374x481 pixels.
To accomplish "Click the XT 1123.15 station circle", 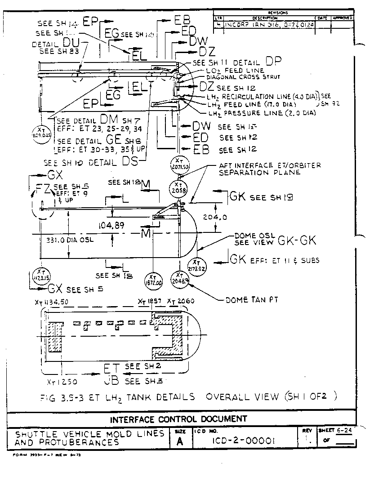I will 41,275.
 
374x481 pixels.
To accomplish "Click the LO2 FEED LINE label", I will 235,71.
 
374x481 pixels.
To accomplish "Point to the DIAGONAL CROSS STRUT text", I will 243,77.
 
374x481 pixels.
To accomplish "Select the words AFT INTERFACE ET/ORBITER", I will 270,165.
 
